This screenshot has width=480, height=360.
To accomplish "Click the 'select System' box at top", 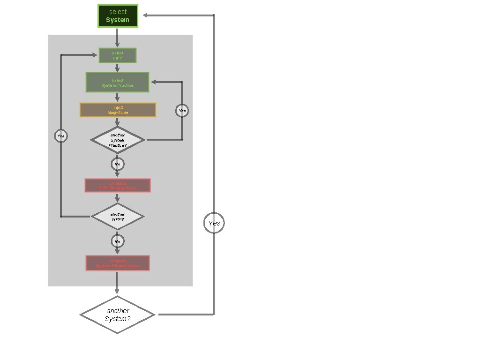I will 118,16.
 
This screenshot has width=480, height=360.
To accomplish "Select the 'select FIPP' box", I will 117,55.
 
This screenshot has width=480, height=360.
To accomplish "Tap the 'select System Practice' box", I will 117,82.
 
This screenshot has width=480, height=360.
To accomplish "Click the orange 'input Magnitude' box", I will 118,110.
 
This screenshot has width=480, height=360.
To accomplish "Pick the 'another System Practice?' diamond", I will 118,140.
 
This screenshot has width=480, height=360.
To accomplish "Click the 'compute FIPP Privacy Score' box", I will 118,185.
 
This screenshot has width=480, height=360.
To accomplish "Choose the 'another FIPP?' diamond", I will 118,217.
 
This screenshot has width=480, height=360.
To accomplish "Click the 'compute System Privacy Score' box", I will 118,263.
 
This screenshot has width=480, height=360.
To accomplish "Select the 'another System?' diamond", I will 118,315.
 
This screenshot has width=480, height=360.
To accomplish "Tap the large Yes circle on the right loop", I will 214,223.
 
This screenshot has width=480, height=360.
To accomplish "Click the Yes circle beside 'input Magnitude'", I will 182,111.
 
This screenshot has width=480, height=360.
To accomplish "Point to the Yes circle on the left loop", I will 60,136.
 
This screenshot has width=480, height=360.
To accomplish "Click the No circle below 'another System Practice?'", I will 118,164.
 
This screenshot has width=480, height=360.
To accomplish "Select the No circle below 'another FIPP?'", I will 118,241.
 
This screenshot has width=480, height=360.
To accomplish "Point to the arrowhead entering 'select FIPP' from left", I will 95,55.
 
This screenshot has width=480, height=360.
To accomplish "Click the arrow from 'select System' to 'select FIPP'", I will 117,37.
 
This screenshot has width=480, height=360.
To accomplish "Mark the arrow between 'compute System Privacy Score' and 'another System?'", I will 117,283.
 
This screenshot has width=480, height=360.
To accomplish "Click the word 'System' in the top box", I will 118,20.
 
